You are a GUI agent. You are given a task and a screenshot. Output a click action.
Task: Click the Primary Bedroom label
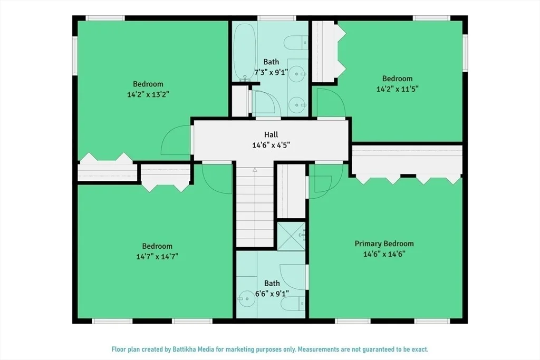[384, 244]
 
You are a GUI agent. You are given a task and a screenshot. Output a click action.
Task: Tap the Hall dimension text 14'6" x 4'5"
[271, 145]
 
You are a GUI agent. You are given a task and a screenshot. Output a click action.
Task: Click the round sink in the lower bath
[247, 299]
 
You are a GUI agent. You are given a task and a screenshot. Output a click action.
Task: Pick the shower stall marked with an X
[291, 236]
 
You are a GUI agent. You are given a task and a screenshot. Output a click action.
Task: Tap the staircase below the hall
[255, 206]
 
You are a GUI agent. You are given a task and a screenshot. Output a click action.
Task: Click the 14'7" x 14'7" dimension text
[157, 257]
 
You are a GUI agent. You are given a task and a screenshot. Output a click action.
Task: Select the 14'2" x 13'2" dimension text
[148, 94]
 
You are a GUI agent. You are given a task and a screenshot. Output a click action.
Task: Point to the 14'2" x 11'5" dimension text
[398, 89]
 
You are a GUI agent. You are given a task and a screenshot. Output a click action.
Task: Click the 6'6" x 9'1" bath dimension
[272, 294]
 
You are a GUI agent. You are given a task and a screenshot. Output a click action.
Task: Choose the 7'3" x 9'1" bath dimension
[271, 73]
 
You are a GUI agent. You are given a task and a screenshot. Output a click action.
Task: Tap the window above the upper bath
[276, 18]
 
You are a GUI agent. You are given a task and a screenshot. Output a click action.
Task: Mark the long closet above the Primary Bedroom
[407, 160]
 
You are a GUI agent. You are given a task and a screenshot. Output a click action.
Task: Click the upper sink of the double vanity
[296, 74]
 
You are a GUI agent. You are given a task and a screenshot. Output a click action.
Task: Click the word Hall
[271, 134]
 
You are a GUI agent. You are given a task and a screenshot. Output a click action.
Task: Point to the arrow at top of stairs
[255, 169]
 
